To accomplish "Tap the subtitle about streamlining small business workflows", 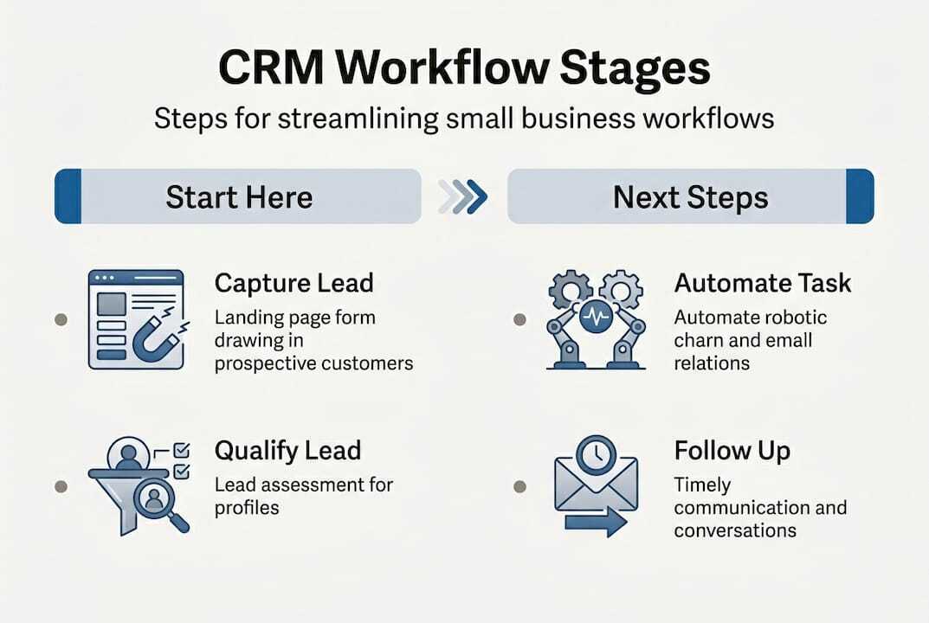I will coord(464,118).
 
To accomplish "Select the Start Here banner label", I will coord(239,197).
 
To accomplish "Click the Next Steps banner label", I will coord(690,197).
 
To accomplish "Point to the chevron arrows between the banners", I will coord(463,197).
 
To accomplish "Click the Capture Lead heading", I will coord(294,284).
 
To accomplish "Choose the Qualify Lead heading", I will coord(287,451).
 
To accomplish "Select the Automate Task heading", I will coord(763,283).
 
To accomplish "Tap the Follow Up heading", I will coord(732,451).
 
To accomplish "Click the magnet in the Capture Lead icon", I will coord(156,340).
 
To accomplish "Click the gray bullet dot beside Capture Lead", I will coord(61,319).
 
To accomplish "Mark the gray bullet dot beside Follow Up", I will coord(519,486).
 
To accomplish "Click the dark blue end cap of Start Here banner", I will coord(68,197).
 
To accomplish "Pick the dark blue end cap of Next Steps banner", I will coord(860,197).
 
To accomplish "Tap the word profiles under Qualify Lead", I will coord(247,507).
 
